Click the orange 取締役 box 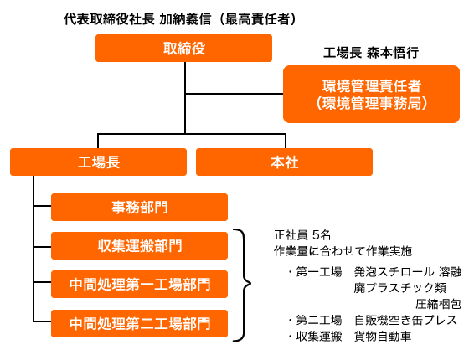183,49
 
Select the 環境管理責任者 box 371,94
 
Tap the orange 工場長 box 99,162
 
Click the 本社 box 284,162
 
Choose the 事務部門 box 139,208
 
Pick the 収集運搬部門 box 139,246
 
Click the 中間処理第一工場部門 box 139,285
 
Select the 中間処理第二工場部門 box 139,323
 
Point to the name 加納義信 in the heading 185,19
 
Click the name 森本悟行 393,53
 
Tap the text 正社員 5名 302,235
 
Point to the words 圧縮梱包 439,304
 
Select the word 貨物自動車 383,337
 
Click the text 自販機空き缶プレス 405,320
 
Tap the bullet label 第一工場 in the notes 319,272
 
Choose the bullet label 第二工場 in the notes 319,320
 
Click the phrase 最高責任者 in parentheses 257,19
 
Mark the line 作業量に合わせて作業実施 343,251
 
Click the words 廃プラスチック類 400,288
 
